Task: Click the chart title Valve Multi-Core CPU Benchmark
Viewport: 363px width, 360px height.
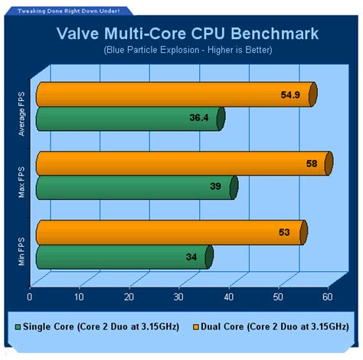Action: tap(181, 34)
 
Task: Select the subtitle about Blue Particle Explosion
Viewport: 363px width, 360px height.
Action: tap(181, 50)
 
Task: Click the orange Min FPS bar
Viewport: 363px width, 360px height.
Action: tap(169, 232)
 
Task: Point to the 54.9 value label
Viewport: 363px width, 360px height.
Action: tap(284, 94)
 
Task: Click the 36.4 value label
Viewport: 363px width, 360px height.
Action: tap(198, 119)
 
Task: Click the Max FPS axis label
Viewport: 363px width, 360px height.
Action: tap(22, 182)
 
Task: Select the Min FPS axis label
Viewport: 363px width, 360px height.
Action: tap(22, 249)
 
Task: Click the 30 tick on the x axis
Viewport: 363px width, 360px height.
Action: tap(179, 297)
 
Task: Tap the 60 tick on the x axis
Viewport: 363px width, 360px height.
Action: tap(328, 297)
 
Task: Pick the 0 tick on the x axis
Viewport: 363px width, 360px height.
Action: tap(30, 297)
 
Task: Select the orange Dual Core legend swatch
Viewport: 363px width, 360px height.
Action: tap(191, 326)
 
